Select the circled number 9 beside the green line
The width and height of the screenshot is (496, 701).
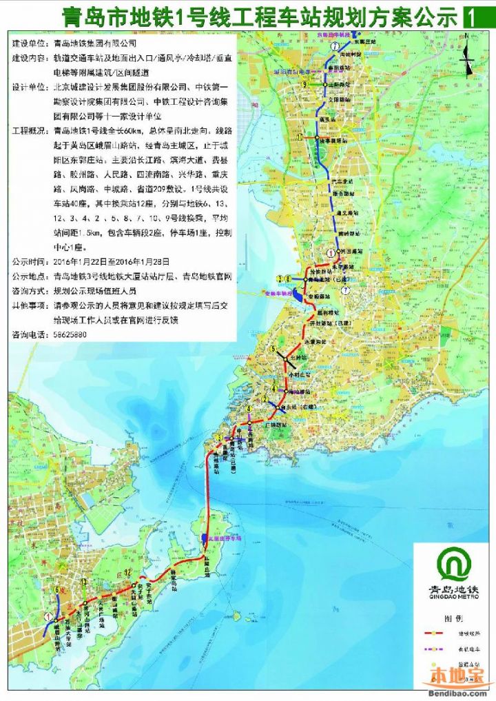[x=303, y=84]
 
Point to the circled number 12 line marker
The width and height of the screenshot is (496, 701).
[x=128, y=573]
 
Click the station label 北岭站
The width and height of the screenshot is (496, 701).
[x=296, y=358]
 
